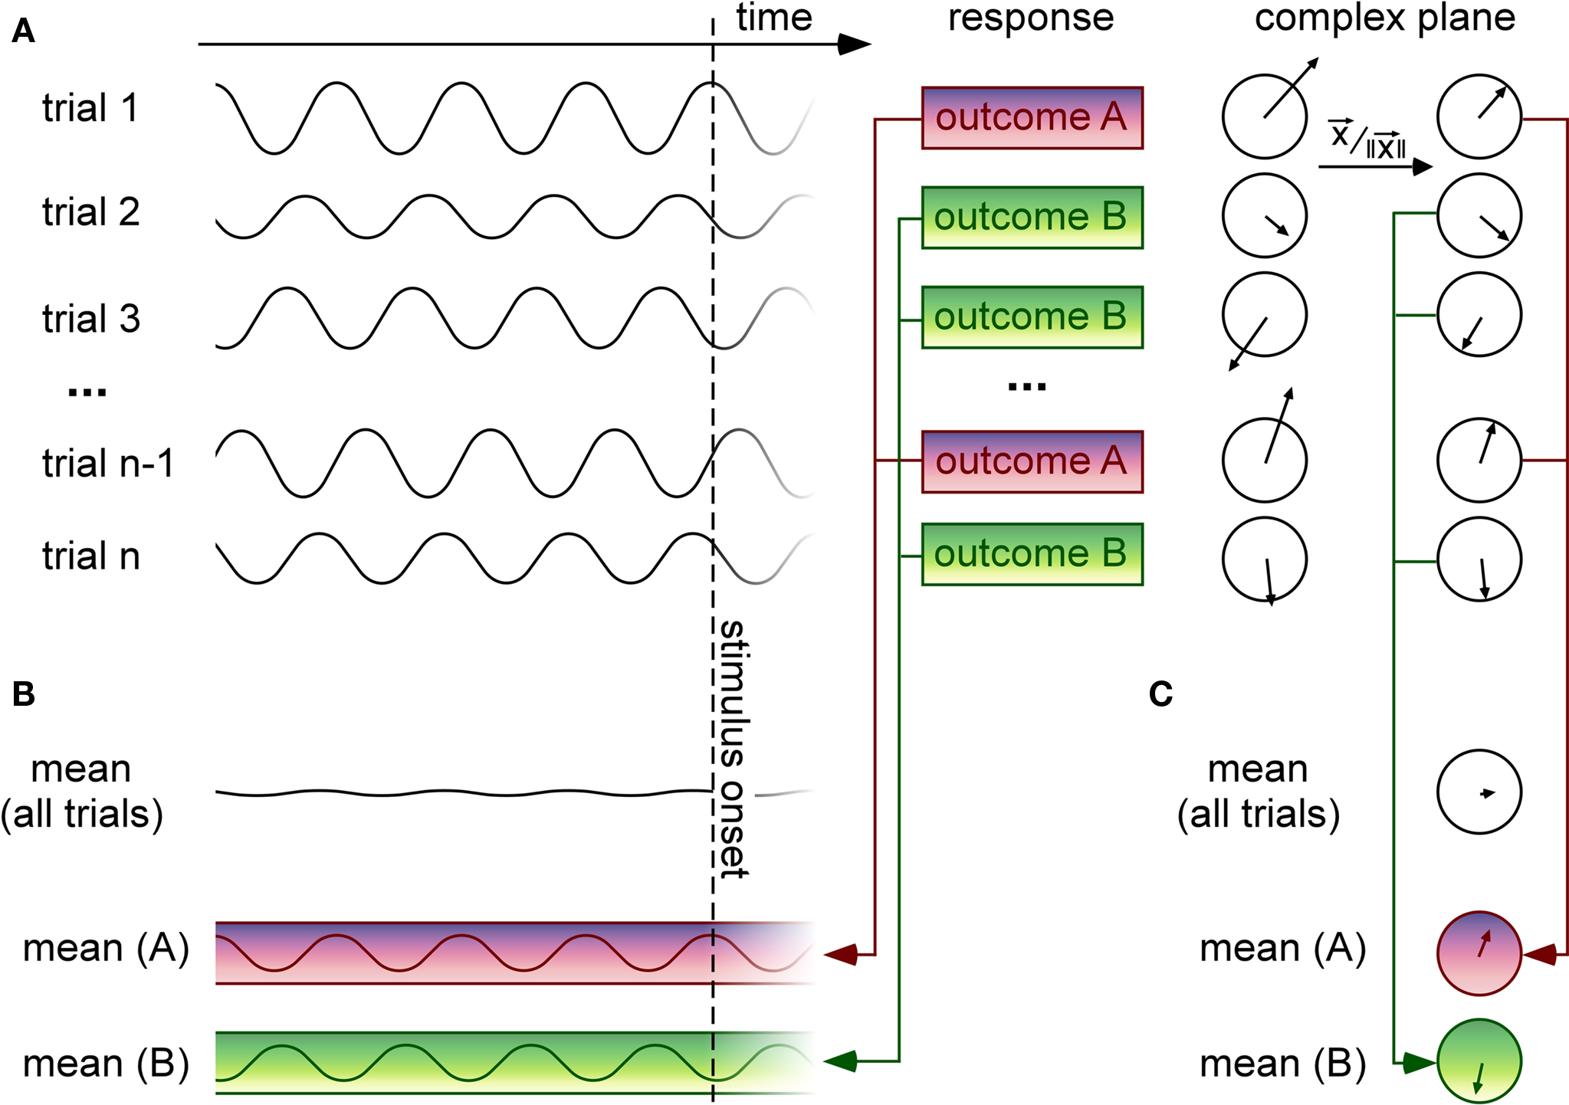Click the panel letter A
pyautogui.click(x=23, y=31)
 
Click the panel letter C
pyautogui.click(x=1160, y=694)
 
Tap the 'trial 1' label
pyautogui.click(x=90, y=108)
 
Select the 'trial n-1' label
pyautogui.click(x=108, y=464)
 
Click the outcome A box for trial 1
pyautogui.click(x=1032, y=117)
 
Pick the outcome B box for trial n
pyautogui.click(x=1032, y=554)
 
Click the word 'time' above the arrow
pyautogui.click(x=774, y=18)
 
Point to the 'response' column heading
pyautogui.click(x=1031, y=18)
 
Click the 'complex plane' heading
pyautogui.click(x=1384, y=18)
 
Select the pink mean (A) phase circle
pyautogui.click(x=1479, y=953)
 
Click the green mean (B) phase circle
pyautogui.click(x=1479, y=1061)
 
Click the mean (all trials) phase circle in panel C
pyautogui.click(x=1479, y=792)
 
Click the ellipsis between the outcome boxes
pyautogui.click(x=1027, y=387)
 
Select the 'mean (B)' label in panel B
pyautogui.click(x=106, y=1064)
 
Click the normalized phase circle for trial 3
pyautogui.click(x=1479, y=314)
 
